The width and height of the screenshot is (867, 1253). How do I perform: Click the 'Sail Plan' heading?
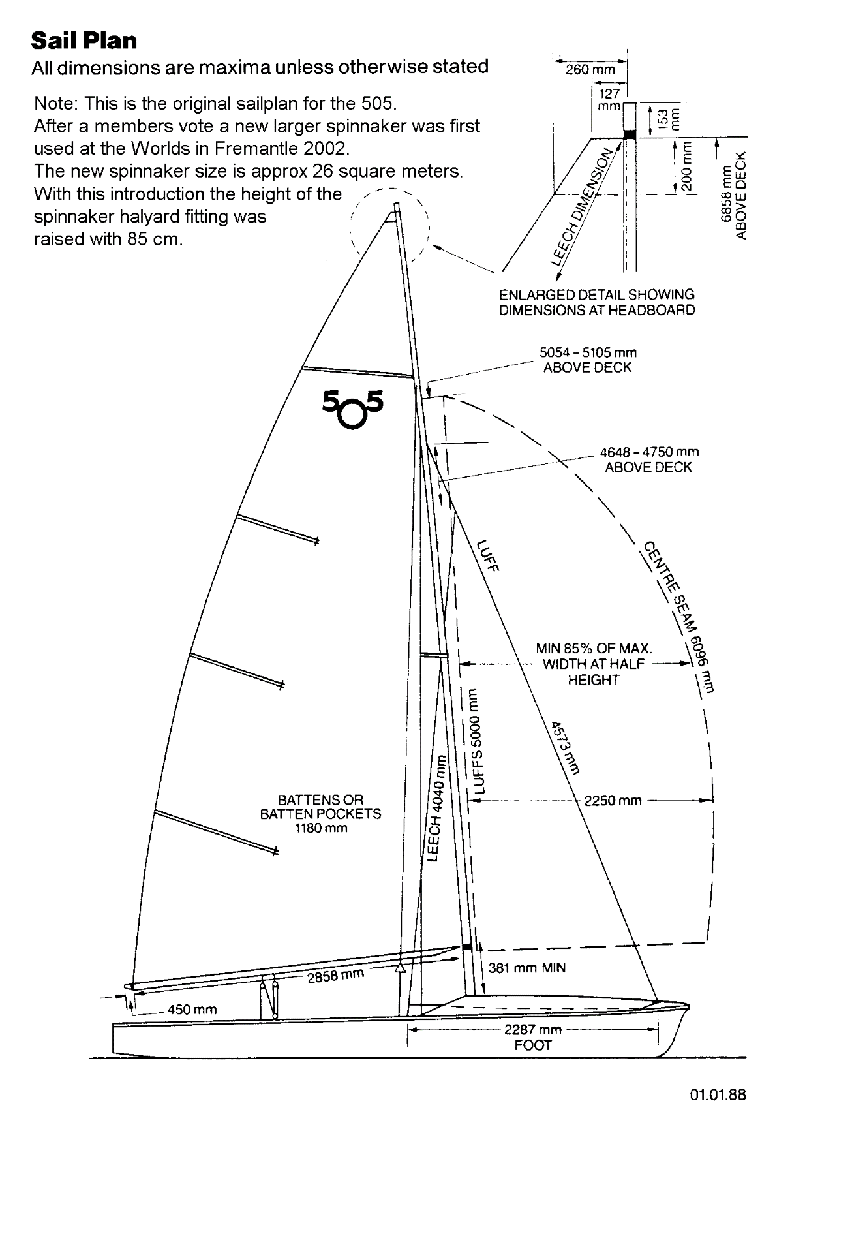coord(84,40)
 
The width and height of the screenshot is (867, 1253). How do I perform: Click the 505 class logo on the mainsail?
coord(353,408)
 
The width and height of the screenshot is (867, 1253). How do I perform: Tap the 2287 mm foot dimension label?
coord(533,1030)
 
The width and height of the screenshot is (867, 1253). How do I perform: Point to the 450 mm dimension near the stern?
coord(192,1010)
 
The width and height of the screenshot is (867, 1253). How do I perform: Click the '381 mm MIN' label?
coord(526,968)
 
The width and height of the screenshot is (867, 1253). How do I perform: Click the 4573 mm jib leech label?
coord(565,747)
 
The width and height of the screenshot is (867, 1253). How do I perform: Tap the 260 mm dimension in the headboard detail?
coord(590,69)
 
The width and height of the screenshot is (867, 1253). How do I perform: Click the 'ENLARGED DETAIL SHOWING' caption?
coord(596,295)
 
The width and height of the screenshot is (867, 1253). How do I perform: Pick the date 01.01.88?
coord(718,1094)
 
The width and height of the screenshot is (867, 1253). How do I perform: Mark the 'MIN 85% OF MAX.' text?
coord(594,649)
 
